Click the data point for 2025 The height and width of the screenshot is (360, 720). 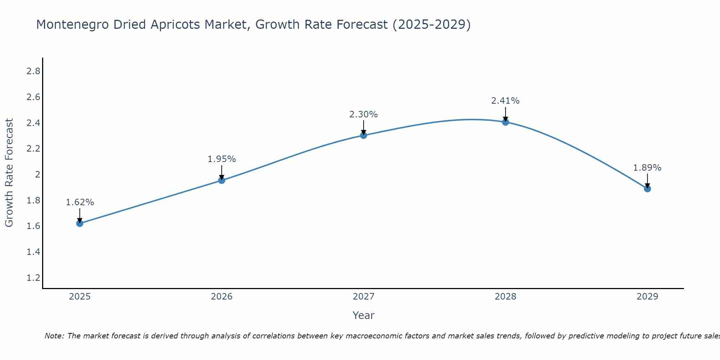(80, 224)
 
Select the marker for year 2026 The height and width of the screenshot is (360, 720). (222, 180)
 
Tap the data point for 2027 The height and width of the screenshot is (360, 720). (364, 135)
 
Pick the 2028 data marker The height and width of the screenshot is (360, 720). (505, 122)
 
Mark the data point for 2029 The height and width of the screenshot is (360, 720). (647, 189)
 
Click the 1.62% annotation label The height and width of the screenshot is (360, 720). (80, 202)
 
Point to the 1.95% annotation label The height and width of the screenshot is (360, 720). (222, 159)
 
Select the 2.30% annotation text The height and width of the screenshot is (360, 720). (364, 114)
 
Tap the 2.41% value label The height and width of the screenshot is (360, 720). (505, 101)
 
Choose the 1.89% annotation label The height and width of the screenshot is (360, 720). (647, 168)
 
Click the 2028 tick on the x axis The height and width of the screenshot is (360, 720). (505, 297)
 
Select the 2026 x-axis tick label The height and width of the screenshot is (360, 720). (222, 297)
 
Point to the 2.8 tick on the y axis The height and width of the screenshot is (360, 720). (33, 71)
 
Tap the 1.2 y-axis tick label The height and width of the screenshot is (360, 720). (33, 278)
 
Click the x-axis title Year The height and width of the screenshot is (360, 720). (364, 315)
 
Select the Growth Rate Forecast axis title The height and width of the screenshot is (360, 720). (9, 173)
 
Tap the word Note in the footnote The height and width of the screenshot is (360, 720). (54, 336)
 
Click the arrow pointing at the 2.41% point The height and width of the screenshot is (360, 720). (505, 114)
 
